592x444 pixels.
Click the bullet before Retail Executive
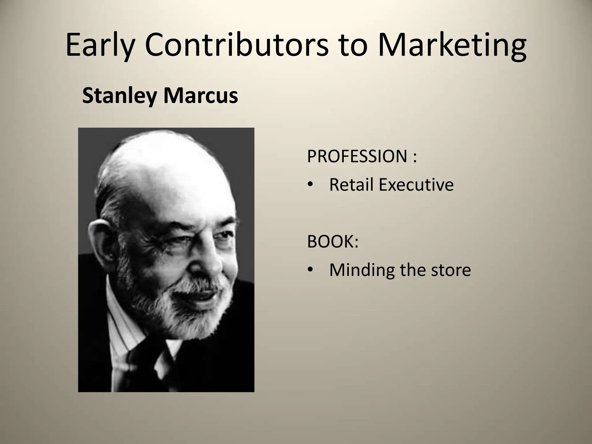[310, 185]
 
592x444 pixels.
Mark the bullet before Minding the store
[310, 270]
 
